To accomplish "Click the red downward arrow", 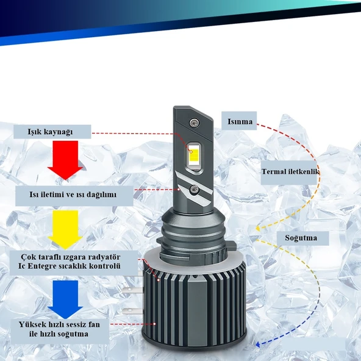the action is tap(65, 160).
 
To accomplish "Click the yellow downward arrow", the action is tap(65, 229).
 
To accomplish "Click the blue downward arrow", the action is tap(65, 299).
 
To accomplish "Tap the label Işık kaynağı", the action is tap(50, 132).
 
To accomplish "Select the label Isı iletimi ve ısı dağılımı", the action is tap(73, 195).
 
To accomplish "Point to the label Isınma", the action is tap(240, 121).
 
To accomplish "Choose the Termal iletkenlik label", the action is tap(290, 171).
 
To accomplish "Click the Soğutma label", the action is tap(301, 238).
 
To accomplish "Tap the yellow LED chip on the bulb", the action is tap(194, 155).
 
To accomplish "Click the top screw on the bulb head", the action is tap(195, 123).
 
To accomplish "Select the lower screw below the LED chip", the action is tap(195, 189).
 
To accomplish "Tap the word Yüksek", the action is tap(30, 324).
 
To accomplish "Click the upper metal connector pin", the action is tap(132, 290).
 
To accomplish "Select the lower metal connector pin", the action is tap(133, 311).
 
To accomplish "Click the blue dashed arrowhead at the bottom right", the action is tap(258, 345).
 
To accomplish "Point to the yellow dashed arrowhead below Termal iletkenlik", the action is tap(258, 229).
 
